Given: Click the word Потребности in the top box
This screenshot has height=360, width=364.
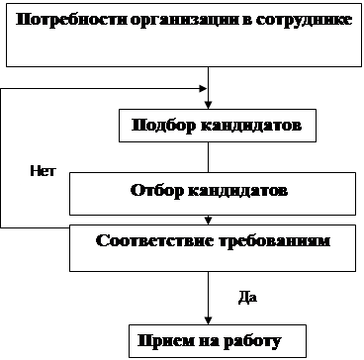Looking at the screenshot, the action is (x=71, y=21).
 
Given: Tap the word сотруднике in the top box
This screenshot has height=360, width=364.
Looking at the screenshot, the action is (x=304, y=21).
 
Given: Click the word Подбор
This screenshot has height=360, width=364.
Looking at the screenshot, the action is (x=163, y=126).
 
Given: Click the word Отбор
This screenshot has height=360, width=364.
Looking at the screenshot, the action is (x=156, y=191).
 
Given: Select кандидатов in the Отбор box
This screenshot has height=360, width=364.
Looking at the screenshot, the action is (x=237, y=191).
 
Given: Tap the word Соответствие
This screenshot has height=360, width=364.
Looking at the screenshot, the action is (x=155, y=241).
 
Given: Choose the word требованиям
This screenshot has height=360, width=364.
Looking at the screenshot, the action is (x=275, y=241).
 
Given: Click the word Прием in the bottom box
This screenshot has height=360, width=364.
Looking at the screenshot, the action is (x=165, y=341).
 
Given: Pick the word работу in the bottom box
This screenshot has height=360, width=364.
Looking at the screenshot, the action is (x=253, y=342).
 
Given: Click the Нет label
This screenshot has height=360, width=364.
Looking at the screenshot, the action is (x=43, y=171).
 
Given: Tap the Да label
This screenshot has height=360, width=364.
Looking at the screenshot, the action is (x=247, y=298).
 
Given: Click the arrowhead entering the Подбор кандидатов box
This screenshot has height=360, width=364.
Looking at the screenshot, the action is (x=208, y=105).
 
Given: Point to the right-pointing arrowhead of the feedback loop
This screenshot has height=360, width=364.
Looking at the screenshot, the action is (x=203, y=88).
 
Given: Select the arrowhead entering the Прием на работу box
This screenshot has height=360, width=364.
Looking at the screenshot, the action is (x=208, y=320).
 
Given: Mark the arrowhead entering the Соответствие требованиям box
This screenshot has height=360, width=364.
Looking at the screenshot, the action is (x=208, y=221).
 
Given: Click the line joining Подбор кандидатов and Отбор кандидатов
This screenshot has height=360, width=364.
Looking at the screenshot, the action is (x=208, y=157).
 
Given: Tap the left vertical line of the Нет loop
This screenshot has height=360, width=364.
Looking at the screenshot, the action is (x=1, y=158).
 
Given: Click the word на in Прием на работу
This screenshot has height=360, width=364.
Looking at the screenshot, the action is (x=209, y=342).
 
